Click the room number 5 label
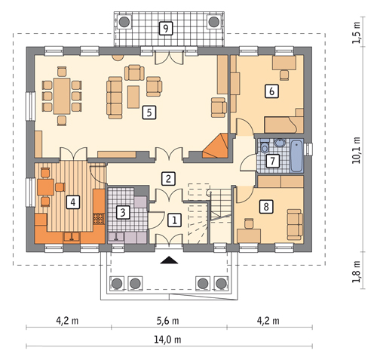(149, 112)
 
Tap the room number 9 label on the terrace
(166, 28)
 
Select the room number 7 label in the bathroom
(273, 161)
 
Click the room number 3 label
(123, 212)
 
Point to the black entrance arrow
(170, 260)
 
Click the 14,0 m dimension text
(167, 340)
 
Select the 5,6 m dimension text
(167, 321)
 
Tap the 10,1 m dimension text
(356, 150)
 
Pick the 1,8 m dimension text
(356, 272)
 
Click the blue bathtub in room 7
(297, 156)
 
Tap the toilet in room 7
(264, 146)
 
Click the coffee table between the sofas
(133, 97)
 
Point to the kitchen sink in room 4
(72, 237)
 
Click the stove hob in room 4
(99, 219)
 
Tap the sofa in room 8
(295, 224)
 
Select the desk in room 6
(284, 63)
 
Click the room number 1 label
(174, 220)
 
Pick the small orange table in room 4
(45, 187)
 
